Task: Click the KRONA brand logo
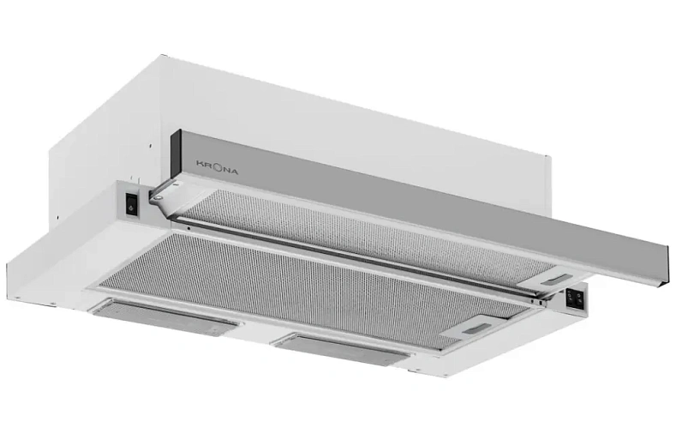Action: (218, 167)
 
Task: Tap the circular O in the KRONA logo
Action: (217, 167)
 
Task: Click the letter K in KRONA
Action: (200, 163)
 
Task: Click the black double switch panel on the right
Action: (575, 298)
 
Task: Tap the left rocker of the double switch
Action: (571, 297)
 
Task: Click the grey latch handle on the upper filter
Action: (553, 281)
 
